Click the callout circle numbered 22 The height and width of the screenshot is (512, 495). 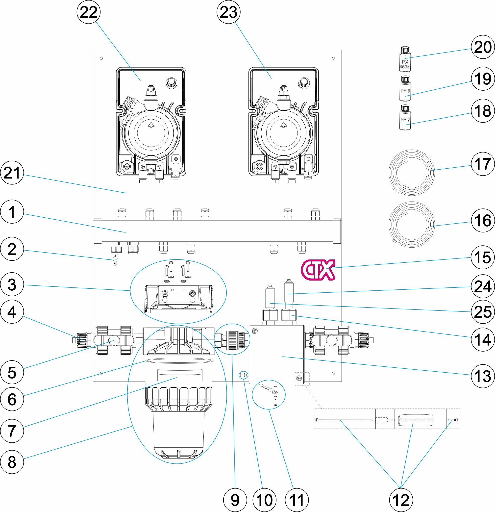(x=89, y=12)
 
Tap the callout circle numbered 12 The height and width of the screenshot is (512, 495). (x=401, y=500)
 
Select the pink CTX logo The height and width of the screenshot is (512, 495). (x=318, y=270)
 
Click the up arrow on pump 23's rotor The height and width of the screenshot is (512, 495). (x=284, y=125)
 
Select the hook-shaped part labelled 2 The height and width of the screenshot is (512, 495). (x=115, y=261)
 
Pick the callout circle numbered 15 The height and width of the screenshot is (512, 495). (x=482, y=257)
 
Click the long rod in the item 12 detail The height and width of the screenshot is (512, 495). (x=344, y=420)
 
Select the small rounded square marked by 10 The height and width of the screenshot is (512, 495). (x=243, y=375)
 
